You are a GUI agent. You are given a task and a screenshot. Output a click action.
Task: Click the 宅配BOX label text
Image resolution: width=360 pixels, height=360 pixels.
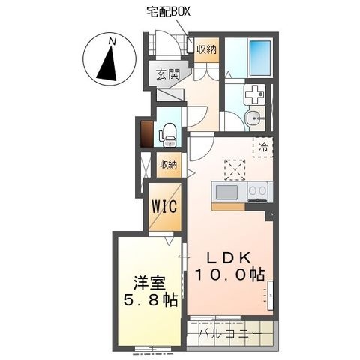(168, 11)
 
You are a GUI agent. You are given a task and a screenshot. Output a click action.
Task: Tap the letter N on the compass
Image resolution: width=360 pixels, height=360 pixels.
(112, 42)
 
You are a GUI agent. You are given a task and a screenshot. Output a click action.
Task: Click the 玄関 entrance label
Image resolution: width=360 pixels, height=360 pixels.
(168, 74)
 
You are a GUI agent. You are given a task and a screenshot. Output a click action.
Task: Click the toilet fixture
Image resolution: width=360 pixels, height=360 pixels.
(169, 135)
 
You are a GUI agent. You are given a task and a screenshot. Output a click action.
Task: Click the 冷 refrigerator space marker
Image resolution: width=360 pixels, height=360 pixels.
(262, 147)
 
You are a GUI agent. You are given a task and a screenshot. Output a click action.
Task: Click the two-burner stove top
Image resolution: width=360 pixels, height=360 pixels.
(258, 191)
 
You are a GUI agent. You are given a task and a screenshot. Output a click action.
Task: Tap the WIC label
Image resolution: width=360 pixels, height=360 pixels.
(164, 207)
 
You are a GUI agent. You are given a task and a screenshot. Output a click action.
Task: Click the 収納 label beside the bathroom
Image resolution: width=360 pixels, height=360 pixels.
(206, 49)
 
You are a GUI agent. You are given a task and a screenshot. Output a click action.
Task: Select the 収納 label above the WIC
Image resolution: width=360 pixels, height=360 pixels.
(168, 165)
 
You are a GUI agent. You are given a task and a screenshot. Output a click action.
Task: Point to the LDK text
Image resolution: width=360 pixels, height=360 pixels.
(229, 258)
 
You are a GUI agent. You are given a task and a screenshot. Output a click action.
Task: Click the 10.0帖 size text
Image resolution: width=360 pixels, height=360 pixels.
(230, 274)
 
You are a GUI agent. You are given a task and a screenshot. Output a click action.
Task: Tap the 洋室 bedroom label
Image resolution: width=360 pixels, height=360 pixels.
(150, 283)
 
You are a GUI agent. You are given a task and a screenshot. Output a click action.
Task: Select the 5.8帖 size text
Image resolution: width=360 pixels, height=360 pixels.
(151, 300)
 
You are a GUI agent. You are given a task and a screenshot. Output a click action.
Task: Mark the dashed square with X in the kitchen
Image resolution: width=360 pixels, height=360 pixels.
(235, 170)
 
